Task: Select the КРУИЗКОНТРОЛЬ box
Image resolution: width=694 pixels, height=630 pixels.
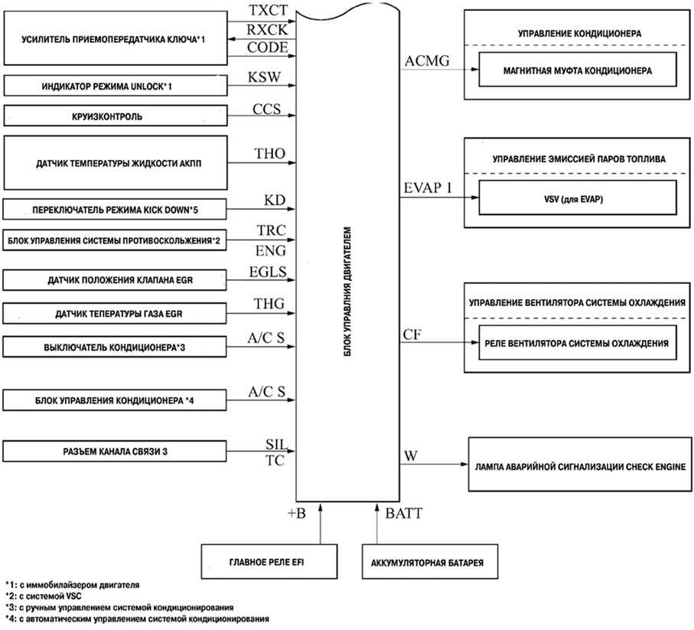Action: point(115,117)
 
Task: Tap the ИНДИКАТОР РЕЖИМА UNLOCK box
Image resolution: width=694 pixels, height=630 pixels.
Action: point(115,86)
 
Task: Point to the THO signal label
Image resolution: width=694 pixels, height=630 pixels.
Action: point(269,155)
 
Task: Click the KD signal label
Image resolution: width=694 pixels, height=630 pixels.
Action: point(274,200)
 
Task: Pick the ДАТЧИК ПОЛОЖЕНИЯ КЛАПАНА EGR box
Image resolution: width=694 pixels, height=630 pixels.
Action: point(115,281)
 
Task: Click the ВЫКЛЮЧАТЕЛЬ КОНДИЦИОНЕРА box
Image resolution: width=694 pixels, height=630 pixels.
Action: point(115,347)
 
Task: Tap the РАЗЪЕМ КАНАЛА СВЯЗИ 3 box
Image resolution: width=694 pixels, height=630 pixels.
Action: point(115,451)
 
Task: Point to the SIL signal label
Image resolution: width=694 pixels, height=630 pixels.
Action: point(275,444)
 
